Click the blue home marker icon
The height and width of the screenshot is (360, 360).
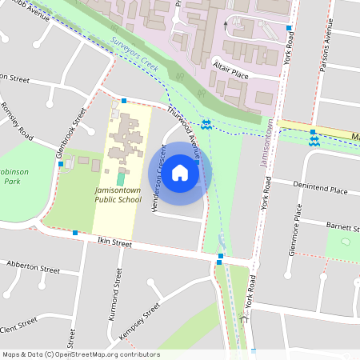pos(180,172)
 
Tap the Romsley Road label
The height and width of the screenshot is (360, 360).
pos(18,121)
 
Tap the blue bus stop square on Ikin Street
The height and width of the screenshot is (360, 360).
pos(74,233)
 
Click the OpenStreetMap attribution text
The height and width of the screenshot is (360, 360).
pos(81,354)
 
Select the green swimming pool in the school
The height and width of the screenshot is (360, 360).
pos(121,177)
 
